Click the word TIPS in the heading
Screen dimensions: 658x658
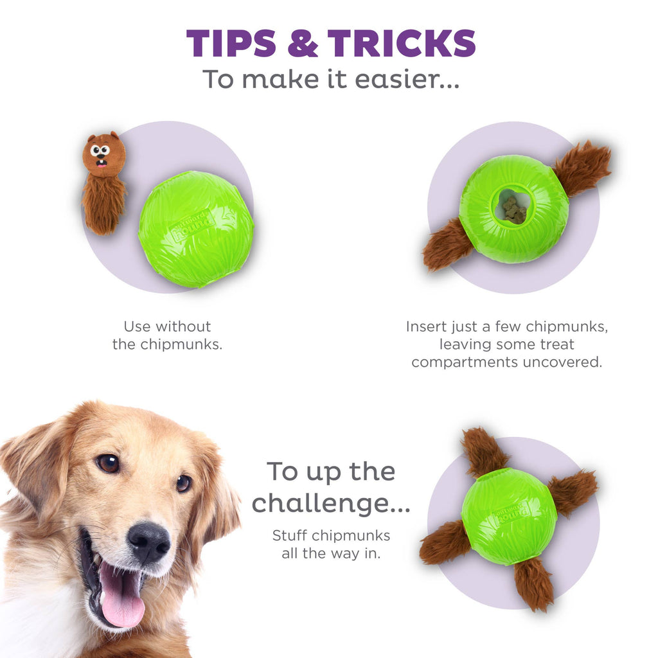(x=230, y=44)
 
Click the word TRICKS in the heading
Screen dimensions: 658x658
(x=402, y=44)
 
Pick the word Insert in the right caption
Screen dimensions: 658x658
(x=425, y=326)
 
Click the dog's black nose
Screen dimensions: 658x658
(x=148, y=542)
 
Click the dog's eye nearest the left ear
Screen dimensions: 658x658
(x=108, y=463)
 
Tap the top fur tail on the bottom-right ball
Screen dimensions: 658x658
(x=483, y=452)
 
